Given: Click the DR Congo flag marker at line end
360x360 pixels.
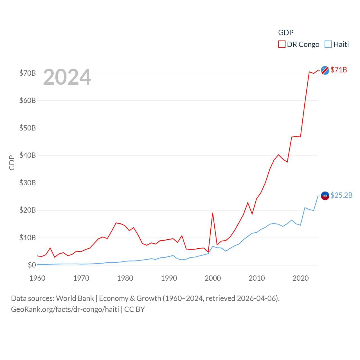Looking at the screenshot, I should (325, 70).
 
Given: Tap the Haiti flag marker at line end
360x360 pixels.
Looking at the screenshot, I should (325, 196).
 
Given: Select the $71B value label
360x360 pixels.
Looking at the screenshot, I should (339, 70).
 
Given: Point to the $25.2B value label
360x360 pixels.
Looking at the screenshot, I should (341, 195).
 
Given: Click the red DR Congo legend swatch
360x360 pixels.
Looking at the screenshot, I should (282, 44).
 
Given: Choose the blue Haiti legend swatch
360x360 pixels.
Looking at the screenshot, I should (328, 44).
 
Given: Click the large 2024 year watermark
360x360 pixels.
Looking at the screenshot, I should (67, 77).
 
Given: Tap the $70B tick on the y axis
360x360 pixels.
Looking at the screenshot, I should (27, 73).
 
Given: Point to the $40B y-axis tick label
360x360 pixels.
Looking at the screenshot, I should (27, 155).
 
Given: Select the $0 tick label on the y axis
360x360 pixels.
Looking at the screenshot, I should (32, 265).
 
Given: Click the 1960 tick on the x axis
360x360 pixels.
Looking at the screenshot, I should (37, 278).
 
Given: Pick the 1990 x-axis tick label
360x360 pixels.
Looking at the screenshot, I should (169, 278).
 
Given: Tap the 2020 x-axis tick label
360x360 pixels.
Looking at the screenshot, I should (301, 278).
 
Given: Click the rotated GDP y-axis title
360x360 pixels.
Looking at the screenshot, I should (12, 163).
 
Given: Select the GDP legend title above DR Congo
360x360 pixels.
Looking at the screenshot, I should (286, 33).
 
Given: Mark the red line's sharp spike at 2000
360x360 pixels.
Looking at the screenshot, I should (213, 213).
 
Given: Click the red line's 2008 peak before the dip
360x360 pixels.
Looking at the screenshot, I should (248, 202).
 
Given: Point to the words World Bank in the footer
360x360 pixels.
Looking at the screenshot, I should (75, 298).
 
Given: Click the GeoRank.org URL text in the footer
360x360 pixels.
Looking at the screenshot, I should (65, 309).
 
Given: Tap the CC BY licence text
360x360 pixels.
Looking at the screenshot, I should (134, 309).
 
